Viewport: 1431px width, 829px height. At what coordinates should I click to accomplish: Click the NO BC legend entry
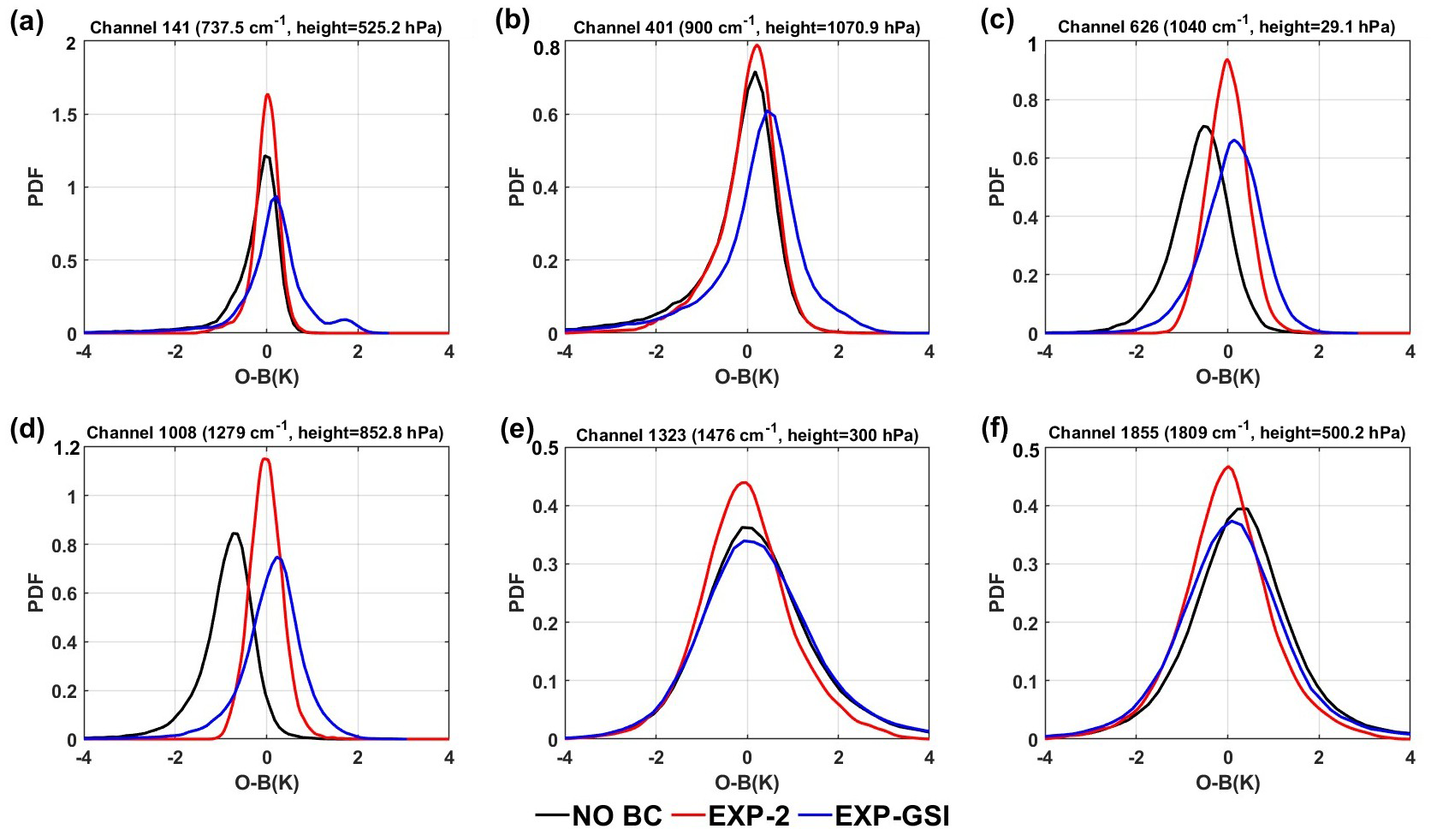tap(598, 814)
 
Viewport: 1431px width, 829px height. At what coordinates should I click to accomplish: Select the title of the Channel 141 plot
tap(265, 27)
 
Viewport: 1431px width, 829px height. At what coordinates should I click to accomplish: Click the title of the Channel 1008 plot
tap(265, 432)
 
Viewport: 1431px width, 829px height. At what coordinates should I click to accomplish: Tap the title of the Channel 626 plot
tap(1226, 27)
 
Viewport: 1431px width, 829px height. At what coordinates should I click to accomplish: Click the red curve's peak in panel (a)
tap(267, 94)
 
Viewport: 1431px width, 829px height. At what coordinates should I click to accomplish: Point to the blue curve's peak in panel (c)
tap(1234, 140)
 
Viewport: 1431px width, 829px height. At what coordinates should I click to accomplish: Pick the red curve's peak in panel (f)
tap(1228, 467)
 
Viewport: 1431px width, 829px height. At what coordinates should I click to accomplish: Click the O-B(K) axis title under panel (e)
tap(747, 782)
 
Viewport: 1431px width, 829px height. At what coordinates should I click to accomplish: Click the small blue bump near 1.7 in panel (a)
tap(344, 319)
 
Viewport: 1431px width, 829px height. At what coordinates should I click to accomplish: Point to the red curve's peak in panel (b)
tap(757, 45)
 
